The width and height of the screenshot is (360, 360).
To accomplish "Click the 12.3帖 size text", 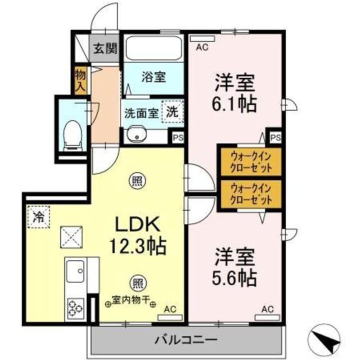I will coord(138,245).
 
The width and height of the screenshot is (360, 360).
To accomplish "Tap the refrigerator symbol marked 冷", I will coord(38,217).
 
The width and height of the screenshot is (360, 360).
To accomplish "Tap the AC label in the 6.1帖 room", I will coord(202,48).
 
